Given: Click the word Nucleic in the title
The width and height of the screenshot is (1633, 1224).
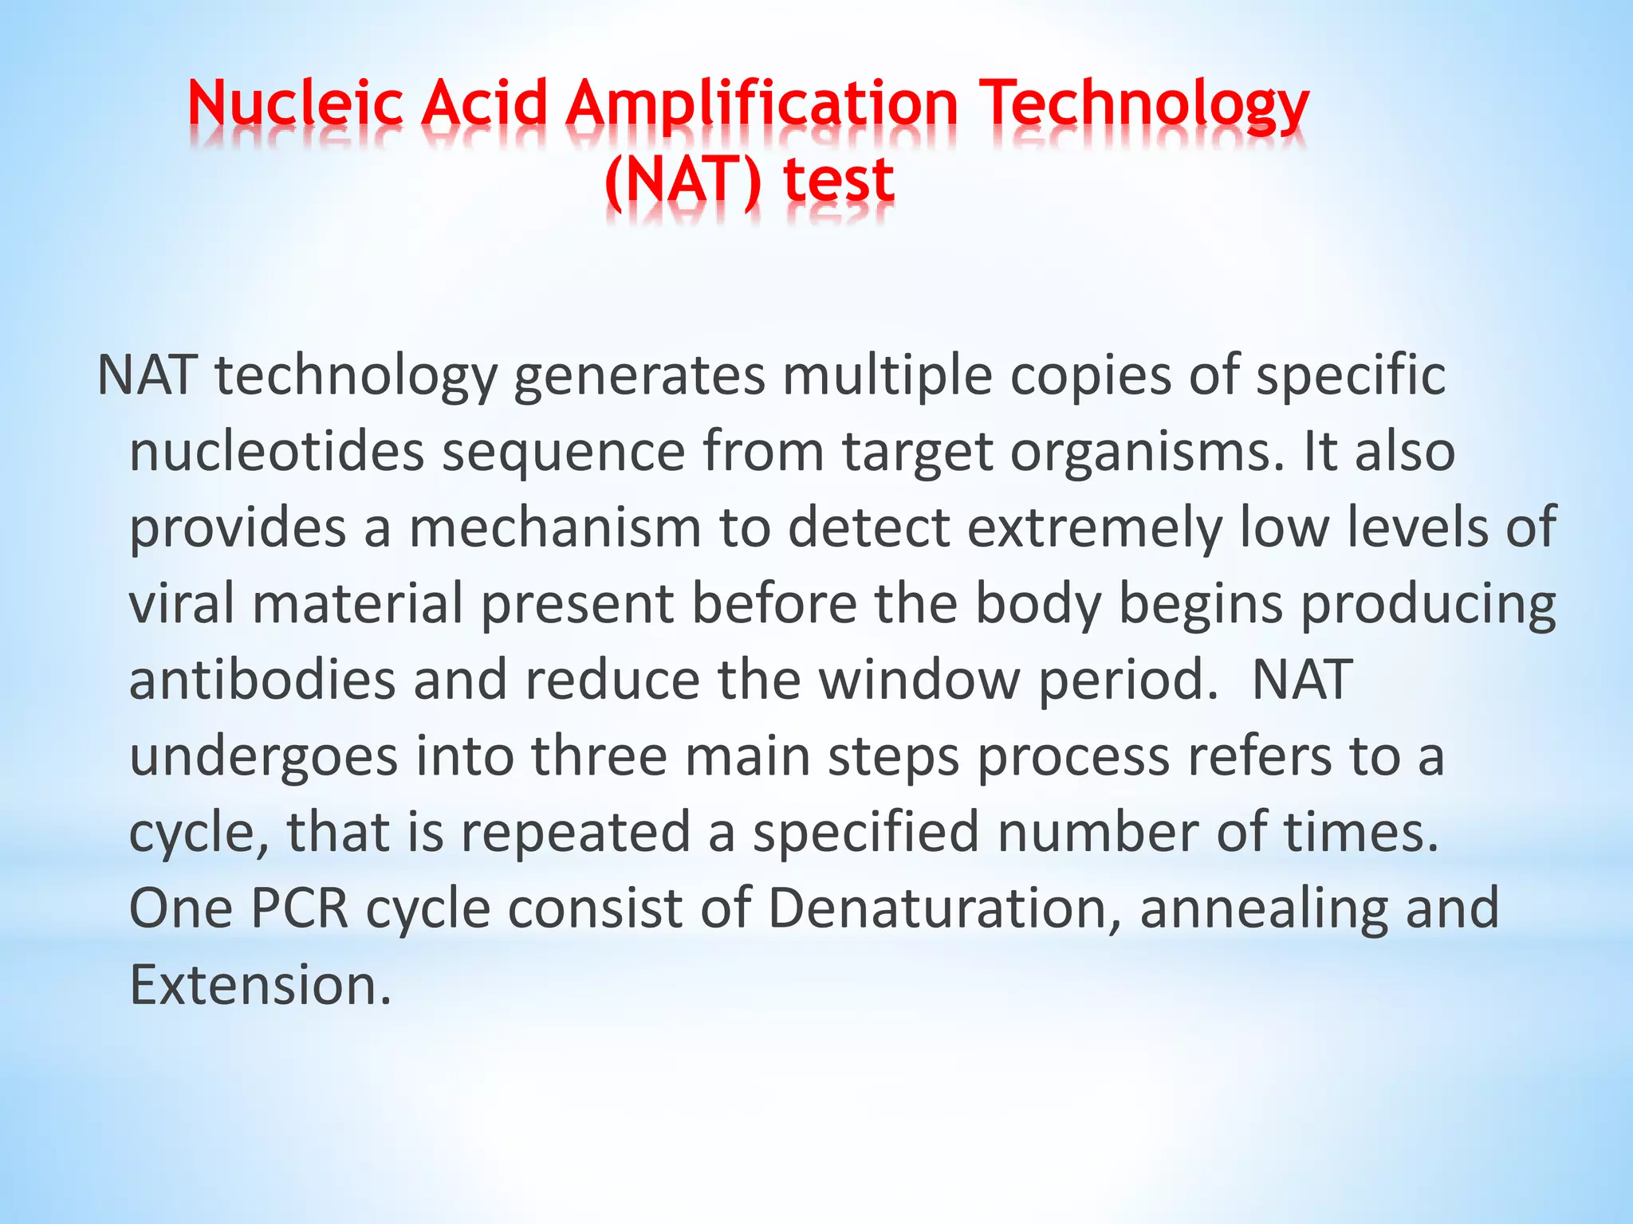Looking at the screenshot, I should [x=295, y=104].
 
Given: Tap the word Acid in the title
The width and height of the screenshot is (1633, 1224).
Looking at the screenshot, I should [x=484, y=104].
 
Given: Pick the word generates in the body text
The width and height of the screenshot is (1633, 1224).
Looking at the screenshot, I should [x=639, y=376].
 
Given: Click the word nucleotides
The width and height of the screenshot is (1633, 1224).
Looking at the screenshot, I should [x=276, y=452].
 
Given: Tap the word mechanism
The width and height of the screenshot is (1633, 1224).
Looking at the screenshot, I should [x=555, y=528].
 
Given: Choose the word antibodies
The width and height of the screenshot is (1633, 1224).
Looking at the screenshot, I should [x=262, y=680].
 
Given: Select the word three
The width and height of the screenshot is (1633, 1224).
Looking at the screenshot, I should [x=599, y=755].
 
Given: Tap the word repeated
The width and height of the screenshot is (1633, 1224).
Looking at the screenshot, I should [x=575, y=832].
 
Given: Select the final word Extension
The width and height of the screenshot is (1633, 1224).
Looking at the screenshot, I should [x=260, y=985].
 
